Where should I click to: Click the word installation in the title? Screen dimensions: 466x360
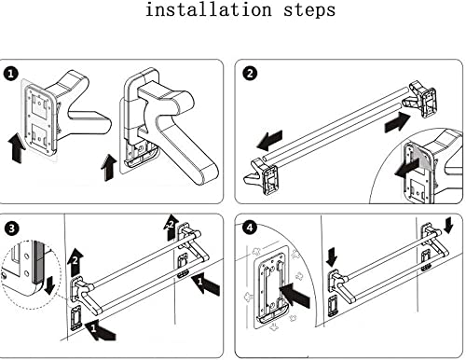click(x=209, y=9)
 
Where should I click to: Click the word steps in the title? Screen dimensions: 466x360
click(x=309, y=10)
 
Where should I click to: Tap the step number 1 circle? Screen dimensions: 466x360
click(x=11, y=74)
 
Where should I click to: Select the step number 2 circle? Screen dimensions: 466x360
click(x=250, y=74)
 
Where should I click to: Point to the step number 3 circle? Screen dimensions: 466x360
click(x=11, y=228)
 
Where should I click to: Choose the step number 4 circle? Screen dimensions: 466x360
click(x=250, y=228)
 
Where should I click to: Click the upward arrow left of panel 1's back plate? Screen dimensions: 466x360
click(x=17, y=147)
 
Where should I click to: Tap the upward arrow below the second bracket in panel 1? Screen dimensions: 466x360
click(x=109, y=167)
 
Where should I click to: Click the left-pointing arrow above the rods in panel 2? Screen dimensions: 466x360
click(x=269, y=140)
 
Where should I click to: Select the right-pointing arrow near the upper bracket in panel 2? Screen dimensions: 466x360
click(x=398, y=122)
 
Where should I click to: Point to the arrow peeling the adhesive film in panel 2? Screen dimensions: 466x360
click(x=406, y=168)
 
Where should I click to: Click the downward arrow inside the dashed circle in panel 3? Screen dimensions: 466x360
click(x=49, y=285)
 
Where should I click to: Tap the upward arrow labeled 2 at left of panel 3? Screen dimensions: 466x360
click(x=75, y=263)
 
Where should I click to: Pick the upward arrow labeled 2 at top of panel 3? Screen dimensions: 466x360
click(x=171, y=228)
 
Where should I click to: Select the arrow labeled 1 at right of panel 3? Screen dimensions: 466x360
click(x=206, y=284)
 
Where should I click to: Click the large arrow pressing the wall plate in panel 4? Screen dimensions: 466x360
click(x=295, y=295)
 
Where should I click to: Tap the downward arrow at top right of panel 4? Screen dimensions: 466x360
click(x=448, y=225)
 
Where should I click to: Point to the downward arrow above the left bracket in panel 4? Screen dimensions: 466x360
click(x=332, y=256)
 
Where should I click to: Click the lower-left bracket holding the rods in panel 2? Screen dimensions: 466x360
click(x=262, y=175)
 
